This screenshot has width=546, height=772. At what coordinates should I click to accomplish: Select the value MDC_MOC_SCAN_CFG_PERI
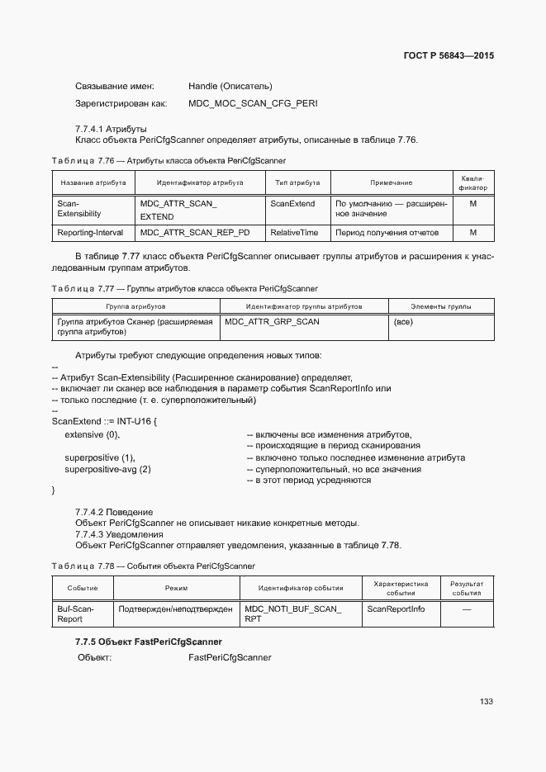point(253,104)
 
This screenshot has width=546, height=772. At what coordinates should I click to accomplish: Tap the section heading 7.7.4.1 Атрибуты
point(111,128)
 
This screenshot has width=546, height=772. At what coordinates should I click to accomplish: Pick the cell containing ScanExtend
point(292,203)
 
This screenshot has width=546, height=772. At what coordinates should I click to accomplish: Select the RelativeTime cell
point(294,233)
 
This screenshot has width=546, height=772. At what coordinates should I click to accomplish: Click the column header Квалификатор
point(472,182)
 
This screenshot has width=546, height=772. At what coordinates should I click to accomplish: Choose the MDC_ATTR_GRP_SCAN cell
point(272,321)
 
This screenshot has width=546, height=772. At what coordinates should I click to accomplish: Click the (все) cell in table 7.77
point(403,321)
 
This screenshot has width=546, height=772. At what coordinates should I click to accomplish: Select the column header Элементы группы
point(440,306)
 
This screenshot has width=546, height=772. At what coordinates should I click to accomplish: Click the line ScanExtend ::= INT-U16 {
point(104,423)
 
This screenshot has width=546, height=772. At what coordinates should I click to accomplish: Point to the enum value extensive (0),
point(92,434)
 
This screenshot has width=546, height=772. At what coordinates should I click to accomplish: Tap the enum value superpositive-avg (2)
point(107,469)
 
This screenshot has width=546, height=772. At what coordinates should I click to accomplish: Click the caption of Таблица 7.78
point(153,566)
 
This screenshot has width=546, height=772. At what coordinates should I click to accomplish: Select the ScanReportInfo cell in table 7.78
point(396,609)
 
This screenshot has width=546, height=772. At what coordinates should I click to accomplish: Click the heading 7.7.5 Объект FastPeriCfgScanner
point(149,642)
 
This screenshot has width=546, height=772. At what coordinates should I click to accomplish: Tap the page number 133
point(486,701)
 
